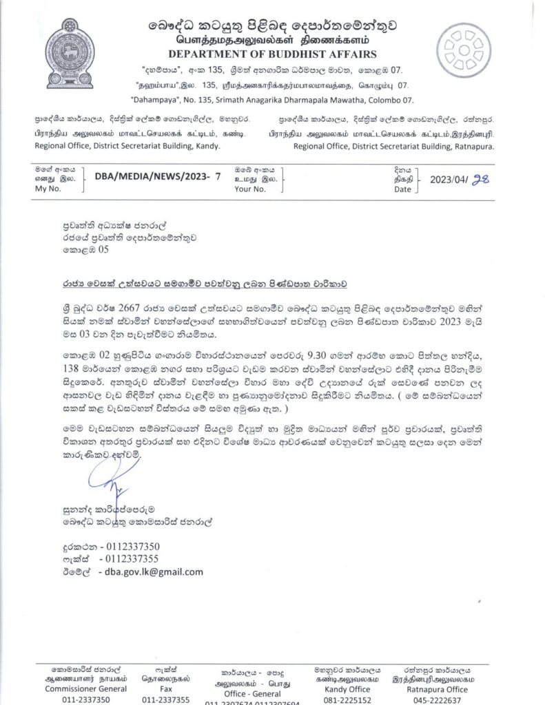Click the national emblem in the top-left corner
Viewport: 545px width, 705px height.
pyautogui.click(x=71, y=43)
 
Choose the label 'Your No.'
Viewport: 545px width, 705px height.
pyautogui.click(x=249, y=187)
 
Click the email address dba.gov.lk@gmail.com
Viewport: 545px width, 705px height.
pyautogui.click(x=151, y=571)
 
